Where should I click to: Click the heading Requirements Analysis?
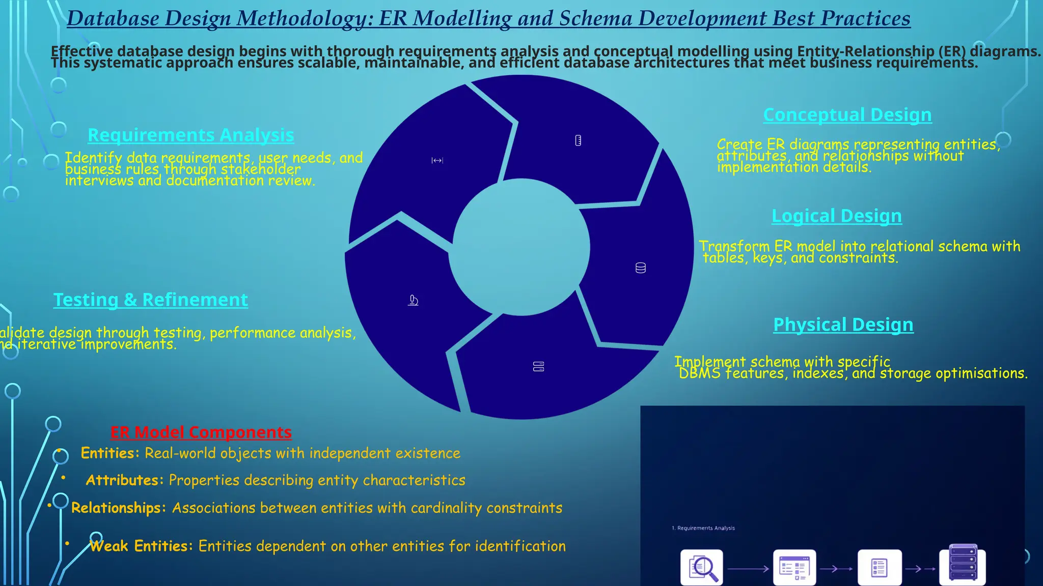pos(191,135)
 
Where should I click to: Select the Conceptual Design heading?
pos(847,115)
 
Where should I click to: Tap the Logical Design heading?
pos(837,216)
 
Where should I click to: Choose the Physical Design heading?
pos(843,325)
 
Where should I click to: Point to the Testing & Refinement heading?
pos(151,300)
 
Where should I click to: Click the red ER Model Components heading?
pos(201,432)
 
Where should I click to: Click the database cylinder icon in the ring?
pos(641,268)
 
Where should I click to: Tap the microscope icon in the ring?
pos(413,301)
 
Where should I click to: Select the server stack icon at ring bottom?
pos(538,367)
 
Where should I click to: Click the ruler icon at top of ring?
pos(578,140)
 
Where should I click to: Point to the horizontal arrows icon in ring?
pos(437,161)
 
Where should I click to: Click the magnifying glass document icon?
pos(702,568)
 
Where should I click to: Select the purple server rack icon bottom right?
pos(963,564)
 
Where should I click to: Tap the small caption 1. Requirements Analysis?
pos(703,528)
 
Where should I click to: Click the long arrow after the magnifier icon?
pos(748,569)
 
